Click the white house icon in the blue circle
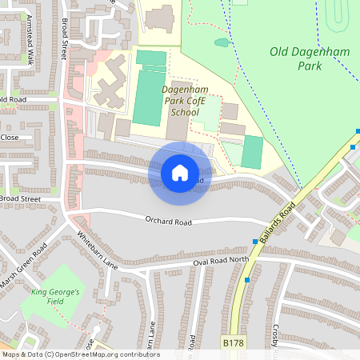pos(180,172)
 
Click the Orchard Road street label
pos(170,221)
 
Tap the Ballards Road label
pos(278,220)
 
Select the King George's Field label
pos(55,298)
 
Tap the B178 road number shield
pos(233,342)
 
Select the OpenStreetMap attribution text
pos(80,354)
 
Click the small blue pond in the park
pos(222,42)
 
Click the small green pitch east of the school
pos(253,151)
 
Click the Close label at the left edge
pos(10,137)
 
